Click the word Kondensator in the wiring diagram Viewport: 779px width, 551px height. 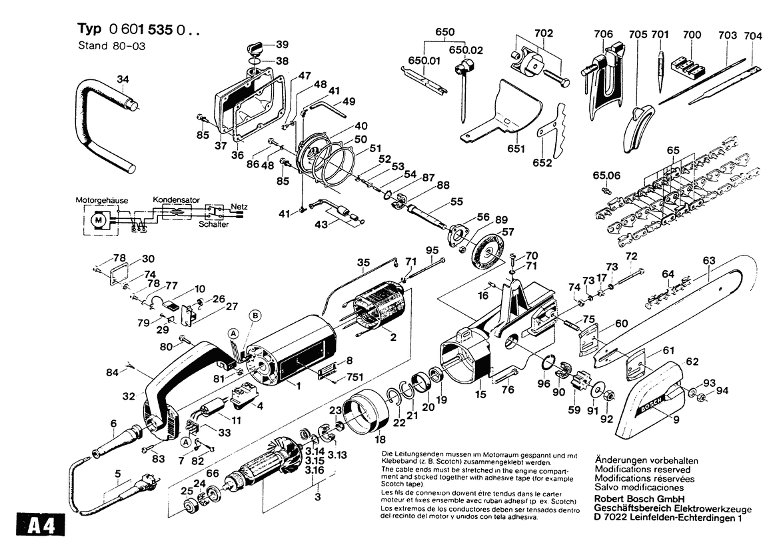(176, 199)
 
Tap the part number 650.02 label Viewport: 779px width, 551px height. (466, 50)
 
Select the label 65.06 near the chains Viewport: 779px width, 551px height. (606, 175)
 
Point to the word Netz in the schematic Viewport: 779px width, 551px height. (239, 206)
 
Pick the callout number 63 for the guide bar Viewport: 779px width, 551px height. (708, 260)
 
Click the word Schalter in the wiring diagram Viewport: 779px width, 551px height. (213, 225)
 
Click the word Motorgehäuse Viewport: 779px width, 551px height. (101, 200)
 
